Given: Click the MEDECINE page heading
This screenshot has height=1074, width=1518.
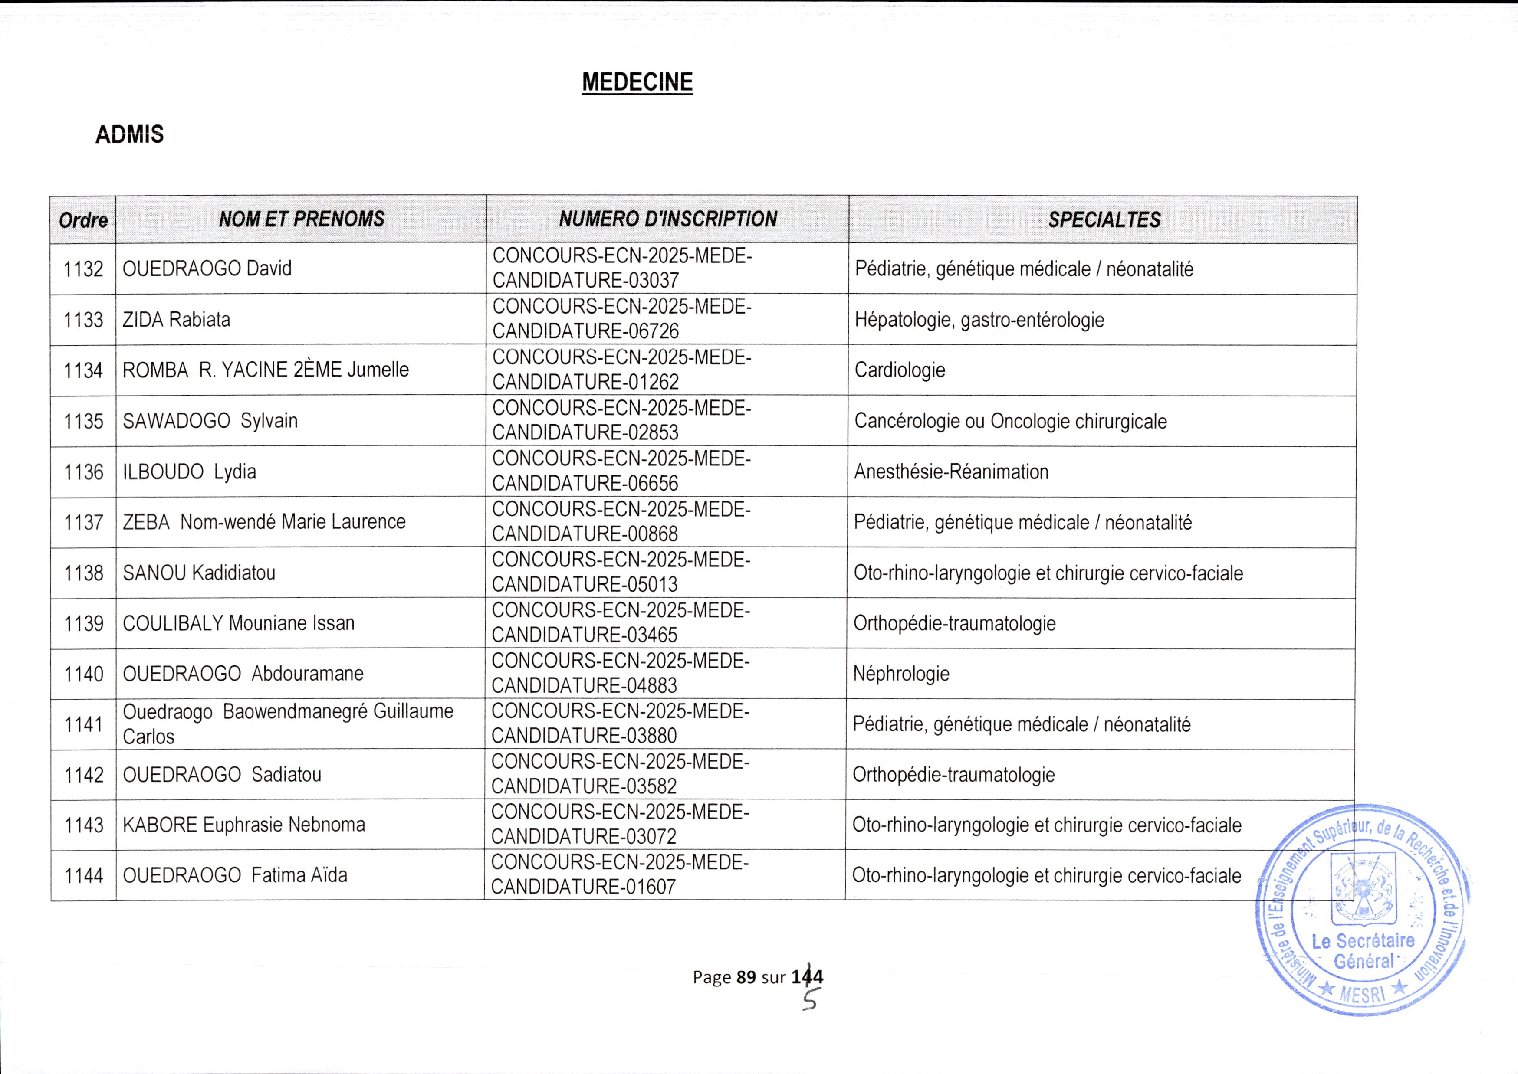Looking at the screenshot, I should (637, 82).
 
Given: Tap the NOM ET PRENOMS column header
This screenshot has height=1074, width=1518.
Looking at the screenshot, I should (302, 219).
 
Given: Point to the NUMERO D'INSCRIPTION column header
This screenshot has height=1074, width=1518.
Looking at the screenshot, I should (668, 219).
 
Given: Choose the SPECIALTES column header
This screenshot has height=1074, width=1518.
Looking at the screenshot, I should (1104, 219).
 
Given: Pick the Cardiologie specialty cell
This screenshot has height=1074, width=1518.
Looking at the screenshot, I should (900, 370).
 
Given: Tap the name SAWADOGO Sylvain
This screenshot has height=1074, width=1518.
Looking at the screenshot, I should (210, 421).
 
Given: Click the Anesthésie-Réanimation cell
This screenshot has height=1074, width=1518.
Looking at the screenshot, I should (951, 472).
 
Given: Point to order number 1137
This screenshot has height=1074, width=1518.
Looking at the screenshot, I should (83, 522).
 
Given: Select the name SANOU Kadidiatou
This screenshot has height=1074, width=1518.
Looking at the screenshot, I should (199, 573).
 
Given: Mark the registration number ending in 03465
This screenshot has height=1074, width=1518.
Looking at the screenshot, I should (621, 623).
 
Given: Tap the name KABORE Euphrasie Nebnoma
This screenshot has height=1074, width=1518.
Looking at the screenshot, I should (244, 825).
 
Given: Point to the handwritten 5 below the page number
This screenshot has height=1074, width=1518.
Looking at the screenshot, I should (810, 1001).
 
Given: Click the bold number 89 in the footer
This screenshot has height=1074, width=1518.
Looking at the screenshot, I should (746, 977).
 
